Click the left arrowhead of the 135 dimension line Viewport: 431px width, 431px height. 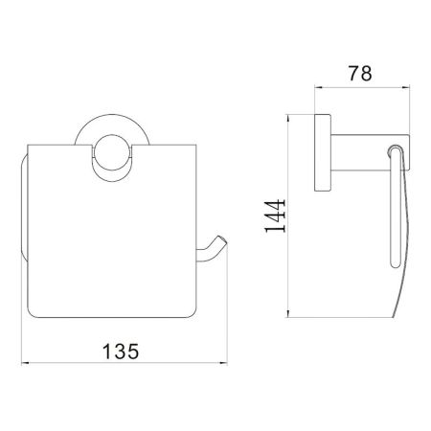26,365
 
